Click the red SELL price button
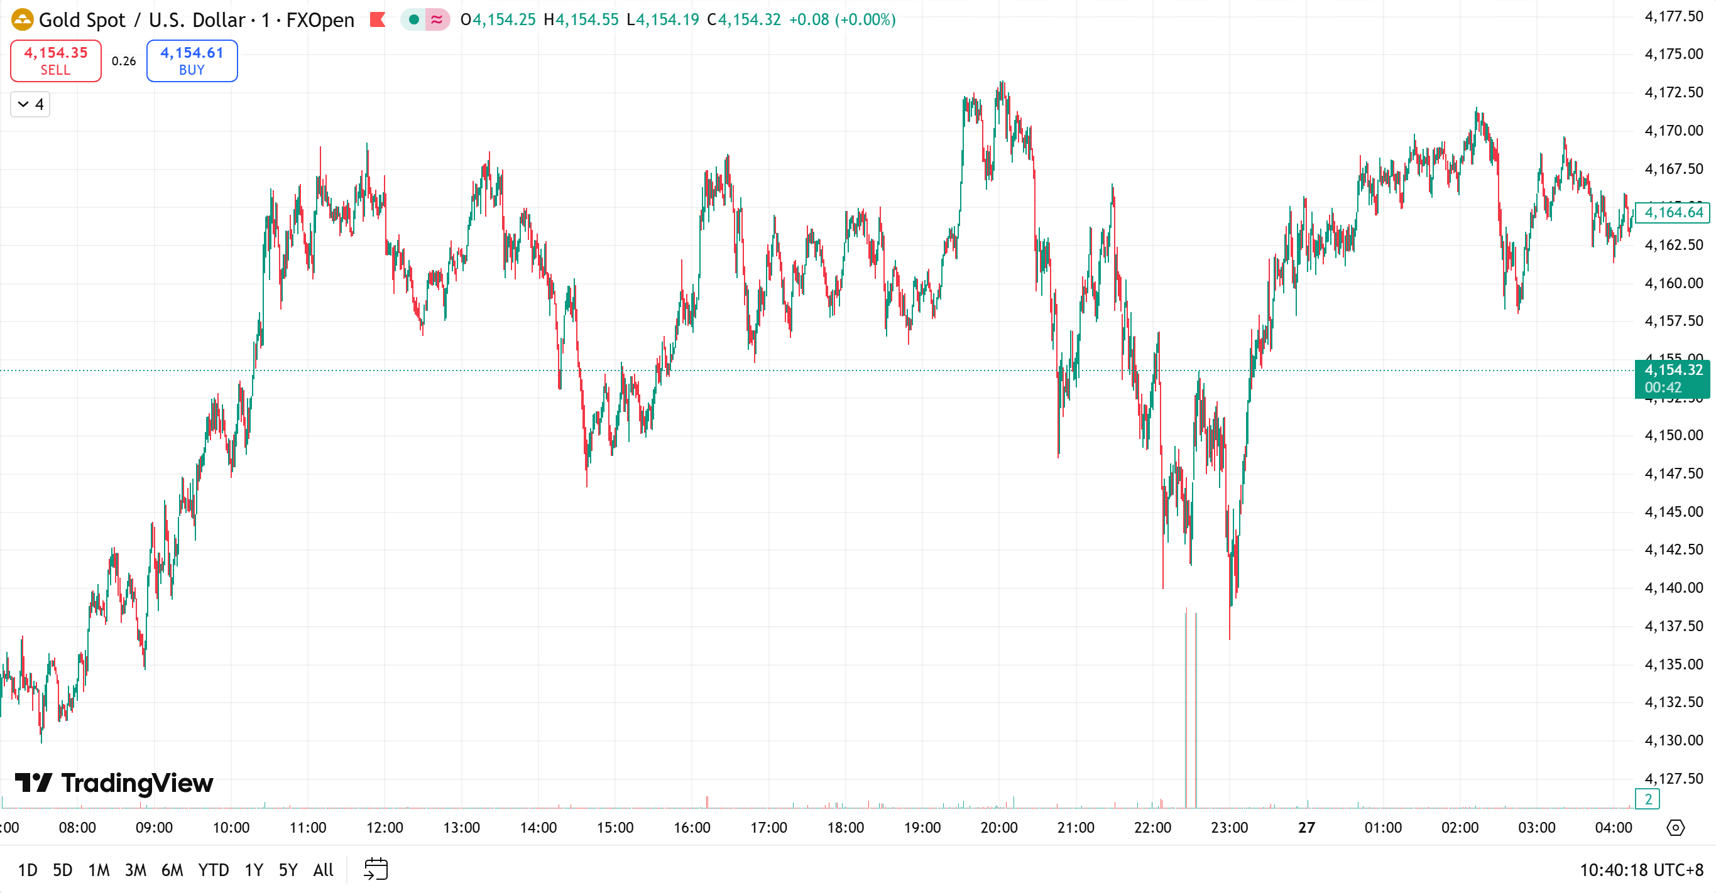[x=55, y=60]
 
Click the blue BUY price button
[x=192, y=60]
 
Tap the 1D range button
[x=27, y=870]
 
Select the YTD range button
[x=213, y=870]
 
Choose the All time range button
[x=323, y=870]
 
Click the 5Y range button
[x=288, y=870]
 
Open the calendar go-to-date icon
[x=376, y=869]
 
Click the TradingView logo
[x=114, y=782]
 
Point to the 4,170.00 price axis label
[x=1673, y=131]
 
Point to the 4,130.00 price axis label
[x=1673, y=740]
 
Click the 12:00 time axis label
[x=385, y=827]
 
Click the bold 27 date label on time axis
[x=1306, y=827]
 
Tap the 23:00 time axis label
[x=1229, y=827]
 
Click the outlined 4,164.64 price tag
[x=1673, y=212]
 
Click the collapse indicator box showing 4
[x=30, y=104]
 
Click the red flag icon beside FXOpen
[x=378, y=20]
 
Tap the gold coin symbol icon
[x=22, y=19]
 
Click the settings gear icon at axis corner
[x=1675, y=827]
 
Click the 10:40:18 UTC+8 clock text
[x=1641, y=870]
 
